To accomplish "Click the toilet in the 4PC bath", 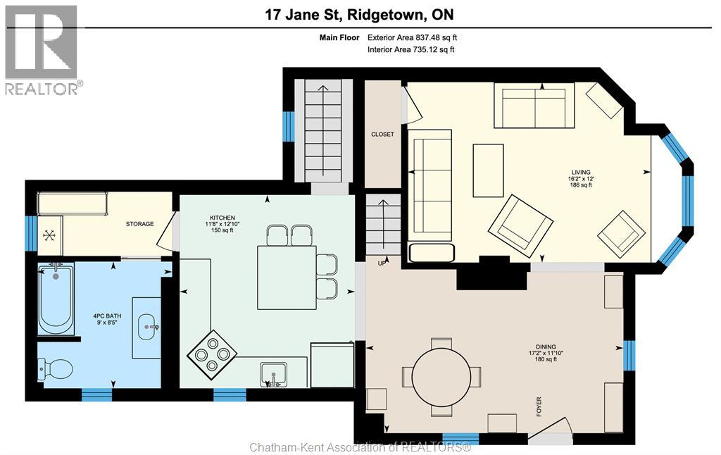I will pyautogui.click(x=56, y=368).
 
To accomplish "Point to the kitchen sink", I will pyautogui.click(x=273, y=374).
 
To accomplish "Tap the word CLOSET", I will pyautogui.click(x=382, y=134).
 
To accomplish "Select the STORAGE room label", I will pyautogui.click(x=139, y=224).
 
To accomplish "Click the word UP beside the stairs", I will pyautogui.click(x=382, y=263).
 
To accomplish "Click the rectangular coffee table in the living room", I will pyautogui.click(x=488, y=170).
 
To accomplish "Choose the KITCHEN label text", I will pyautogui.click(x=222, y=218).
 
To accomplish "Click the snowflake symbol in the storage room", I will pyautogui.click(x=49, y=235).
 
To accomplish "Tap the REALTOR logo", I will pyautogui.click(x=42, y=50).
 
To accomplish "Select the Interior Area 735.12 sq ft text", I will pyautogui.click(x=410, y=49).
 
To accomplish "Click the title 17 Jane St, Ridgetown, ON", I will pyautogui.click(x=360, y=15).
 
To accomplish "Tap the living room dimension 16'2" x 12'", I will pyautogui.click(x=581, y=179).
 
